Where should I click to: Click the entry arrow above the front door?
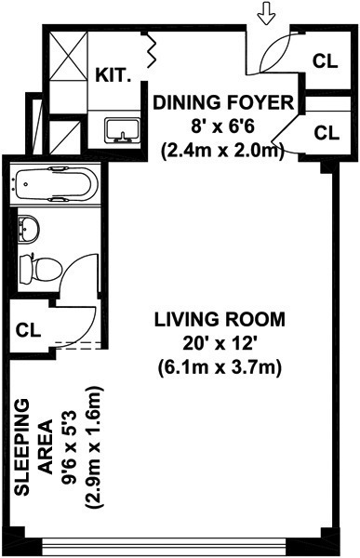(267, 17)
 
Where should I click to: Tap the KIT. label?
(113, 75)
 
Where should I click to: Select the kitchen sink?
(122, 130)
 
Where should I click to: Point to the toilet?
(40, 269)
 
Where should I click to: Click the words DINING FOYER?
(223, 103)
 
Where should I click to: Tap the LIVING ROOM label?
(220, 319)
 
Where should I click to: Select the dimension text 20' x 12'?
(220, 343)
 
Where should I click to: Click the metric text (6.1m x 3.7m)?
(220, 366)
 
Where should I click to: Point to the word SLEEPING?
(21, 447)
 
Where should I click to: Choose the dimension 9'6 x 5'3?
(70, 447)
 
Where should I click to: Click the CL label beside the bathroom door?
(29, 330)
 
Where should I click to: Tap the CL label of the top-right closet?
(325, 61)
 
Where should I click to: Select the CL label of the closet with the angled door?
(327, 133)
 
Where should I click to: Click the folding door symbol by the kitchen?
(151, 50)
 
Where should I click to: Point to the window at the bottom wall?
(164, 546)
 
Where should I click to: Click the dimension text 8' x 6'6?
(223, 126)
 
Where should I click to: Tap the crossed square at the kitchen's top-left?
(68, 56)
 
